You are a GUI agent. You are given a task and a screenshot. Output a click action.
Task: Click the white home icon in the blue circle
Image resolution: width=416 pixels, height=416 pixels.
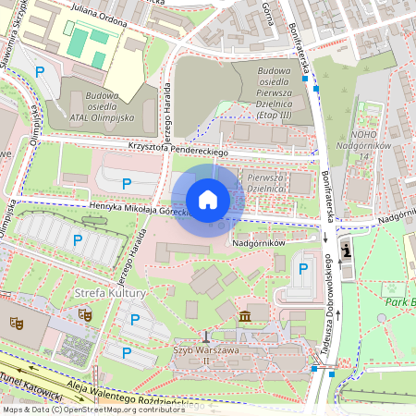point(208,200)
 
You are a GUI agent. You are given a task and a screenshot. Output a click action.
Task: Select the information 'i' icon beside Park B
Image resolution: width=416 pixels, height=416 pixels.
point(347,249)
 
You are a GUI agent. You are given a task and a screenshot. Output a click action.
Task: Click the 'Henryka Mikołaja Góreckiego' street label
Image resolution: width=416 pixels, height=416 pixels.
point(129,208)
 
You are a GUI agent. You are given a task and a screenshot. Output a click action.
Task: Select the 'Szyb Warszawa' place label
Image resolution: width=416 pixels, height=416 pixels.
point(205,350)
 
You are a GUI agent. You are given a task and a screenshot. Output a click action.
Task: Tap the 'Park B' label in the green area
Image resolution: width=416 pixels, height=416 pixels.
point(398,302)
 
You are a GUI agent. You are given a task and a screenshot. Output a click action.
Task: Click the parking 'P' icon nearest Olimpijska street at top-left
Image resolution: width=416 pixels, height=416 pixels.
point(40,72)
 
